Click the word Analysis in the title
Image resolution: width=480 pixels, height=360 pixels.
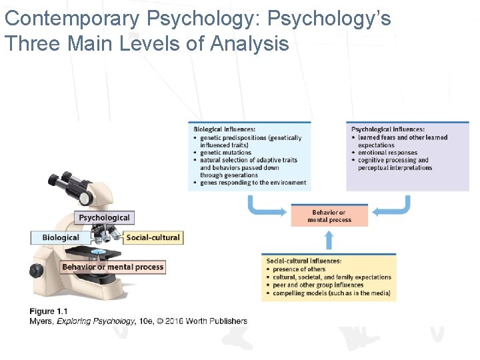coord(249,44)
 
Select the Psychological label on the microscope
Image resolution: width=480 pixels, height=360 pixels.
coord(104,217)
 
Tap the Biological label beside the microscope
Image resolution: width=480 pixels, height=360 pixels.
coord(61,237)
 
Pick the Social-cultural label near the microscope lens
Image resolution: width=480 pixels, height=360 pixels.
coord(153,237)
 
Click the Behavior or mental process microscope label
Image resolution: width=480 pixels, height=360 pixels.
coord(113,267)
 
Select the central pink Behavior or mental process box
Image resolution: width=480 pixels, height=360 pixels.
coord(329,216)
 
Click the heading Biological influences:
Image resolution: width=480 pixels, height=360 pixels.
coord(225,129)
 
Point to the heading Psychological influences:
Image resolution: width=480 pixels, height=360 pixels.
coord(388,129)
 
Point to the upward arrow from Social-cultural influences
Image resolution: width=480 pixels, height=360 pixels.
coord(328,241)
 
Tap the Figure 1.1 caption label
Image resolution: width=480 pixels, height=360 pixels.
coord(48,311)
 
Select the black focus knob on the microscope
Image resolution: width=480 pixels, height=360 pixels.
coord(35,271)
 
